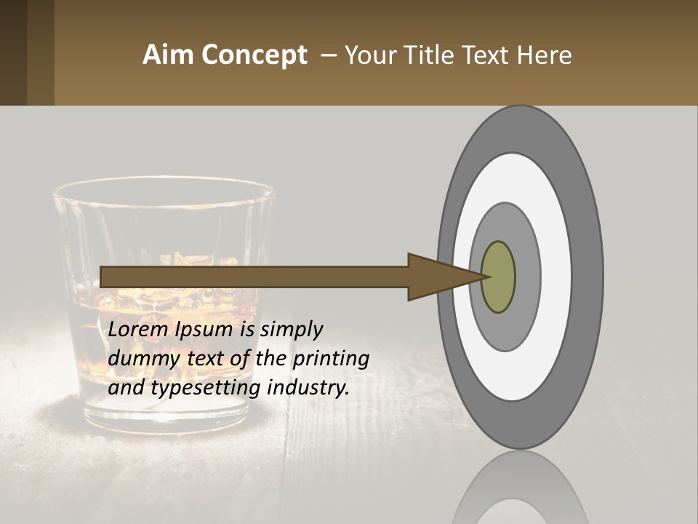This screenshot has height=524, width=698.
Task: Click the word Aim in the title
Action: tap(169, 55)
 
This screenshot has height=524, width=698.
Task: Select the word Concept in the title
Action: tap(254, 55)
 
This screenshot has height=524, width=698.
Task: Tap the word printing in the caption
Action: tap(331, 360)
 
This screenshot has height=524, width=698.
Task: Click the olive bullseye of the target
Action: tap(499, 277)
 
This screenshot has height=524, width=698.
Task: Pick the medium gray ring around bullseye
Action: tap(529, 277)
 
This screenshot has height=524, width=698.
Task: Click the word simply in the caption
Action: tap(291, 330)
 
